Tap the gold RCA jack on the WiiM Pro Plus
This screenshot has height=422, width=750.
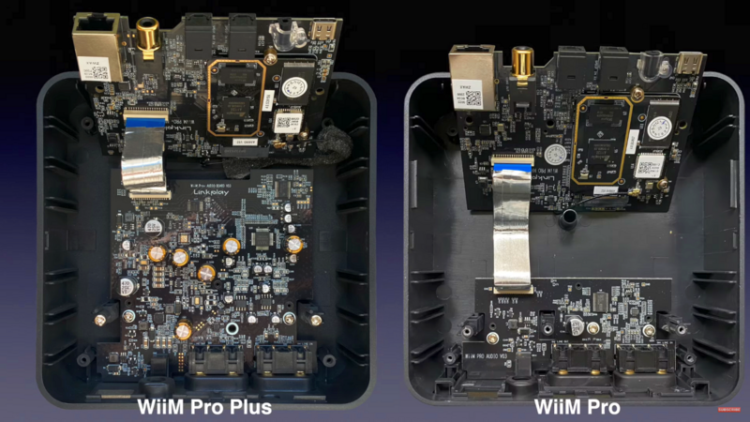pyautogui.click(x=150, y=40)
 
